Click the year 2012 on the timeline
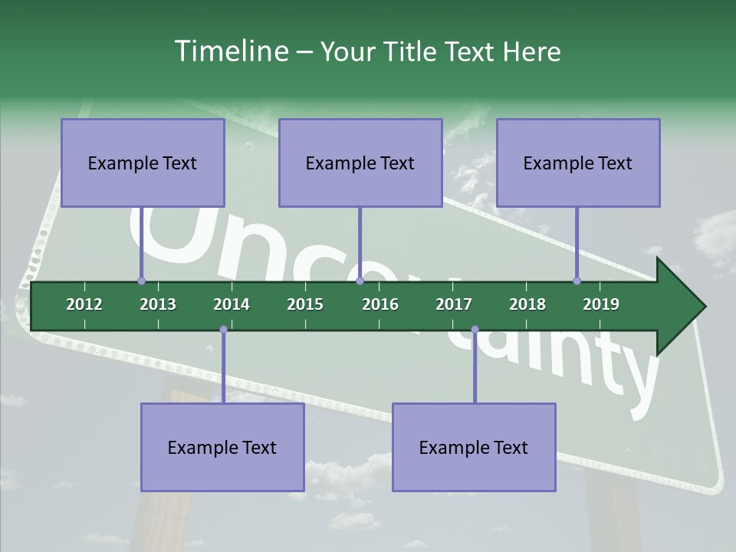[x=84, y=304]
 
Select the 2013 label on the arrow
[x=158, y=304]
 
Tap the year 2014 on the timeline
[x=232, y=304]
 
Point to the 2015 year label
[x=305, y=304]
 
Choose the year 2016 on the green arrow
[x=380, y=304]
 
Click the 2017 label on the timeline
[x=454, y=304]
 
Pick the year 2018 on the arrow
[x=527, y=304]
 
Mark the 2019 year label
[x=601, y=304]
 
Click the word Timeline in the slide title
[x=229, y=51]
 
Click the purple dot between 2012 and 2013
[x=141, y=281]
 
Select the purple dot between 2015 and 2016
[x=360, y=281]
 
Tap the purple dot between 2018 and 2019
[x=577, y=281]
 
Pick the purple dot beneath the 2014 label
[x=223, y=330]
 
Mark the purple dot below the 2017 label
[x=475, y=330]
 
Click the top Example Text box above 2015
[x=360, y=163]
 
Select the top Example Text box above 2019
[x=578, y=163]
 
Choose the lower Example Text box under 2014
[x=222, y=447]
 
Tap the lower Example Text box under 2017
[x=474, y=447]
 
